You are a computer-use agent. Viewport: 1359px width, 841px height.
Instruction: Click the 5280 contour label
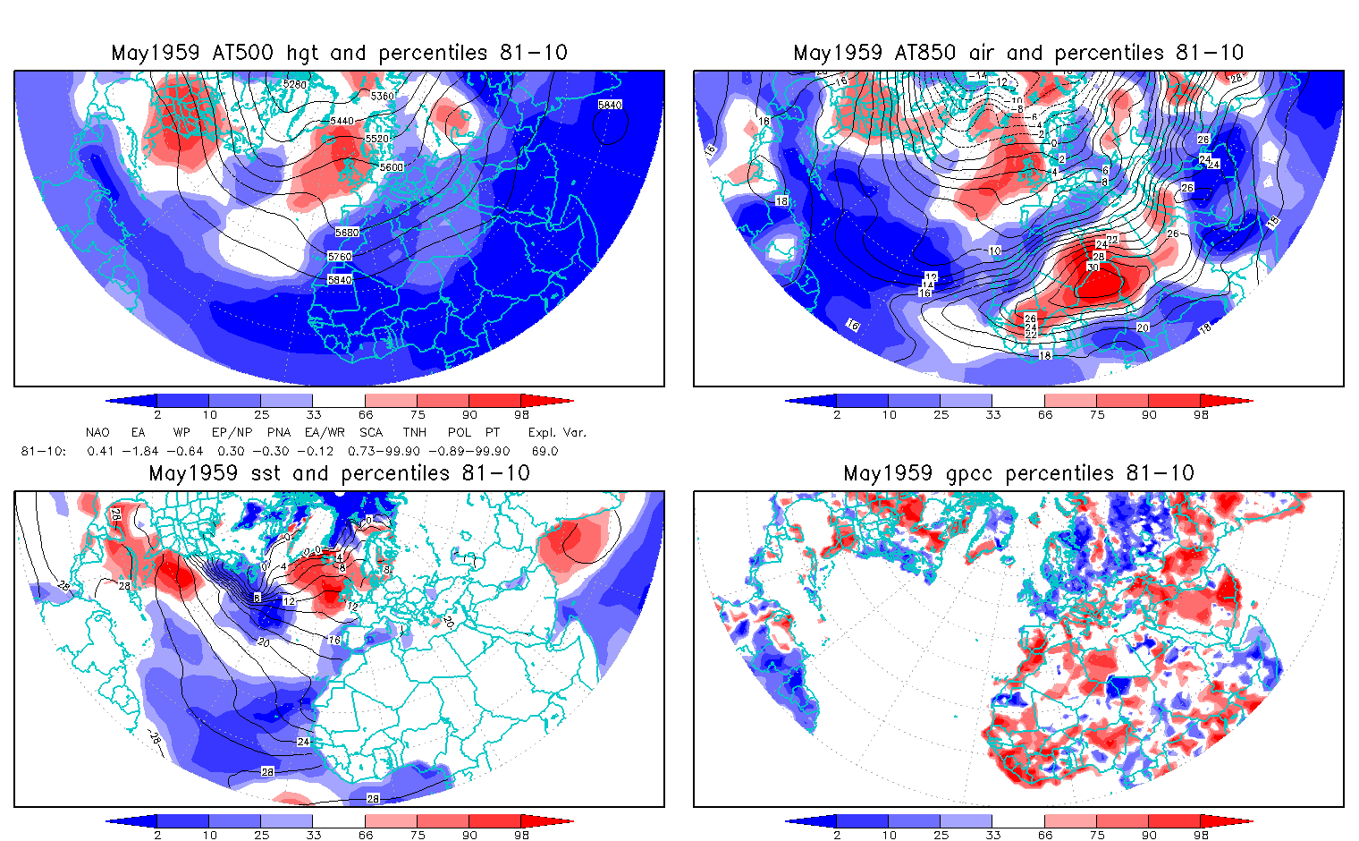coord(294,85)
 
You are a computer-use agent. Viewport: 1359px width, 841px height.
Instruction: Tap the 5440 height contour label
coord(342,121)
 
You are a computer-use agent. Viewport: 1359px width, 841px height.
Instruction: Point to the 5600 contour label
coord(391,167)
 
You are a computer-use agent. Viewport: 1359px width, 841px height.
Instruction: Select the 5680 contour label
coord(347,233)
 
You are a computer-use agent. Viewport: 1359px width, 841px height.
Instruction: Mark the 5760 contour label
coord(340,257)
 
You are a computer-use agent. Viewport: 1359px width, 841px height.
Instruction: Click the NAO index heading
coord(97,432)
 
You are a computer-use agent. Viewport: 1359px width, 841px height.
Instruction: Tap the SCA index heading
coord(370,432)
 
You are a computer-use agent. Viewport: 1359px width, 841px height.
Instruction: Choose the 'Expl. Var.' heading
coord(557,432)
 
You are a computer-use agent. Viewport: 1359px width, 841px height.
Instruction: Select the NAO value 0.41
coord(100,452)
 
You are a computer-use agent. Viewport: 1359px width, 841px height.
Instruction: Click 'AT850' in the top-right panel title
coord(925,53)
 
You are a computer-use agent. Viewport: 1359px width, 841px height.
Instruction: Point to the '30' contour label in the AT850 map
coord(1093,268)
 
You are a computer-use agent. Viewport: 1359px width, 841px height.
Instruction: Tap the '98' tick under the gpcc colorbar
coord(1201,835)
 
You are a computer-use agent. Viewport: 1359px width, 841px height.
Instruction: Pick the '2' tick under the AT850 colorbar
coord(837,414)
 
